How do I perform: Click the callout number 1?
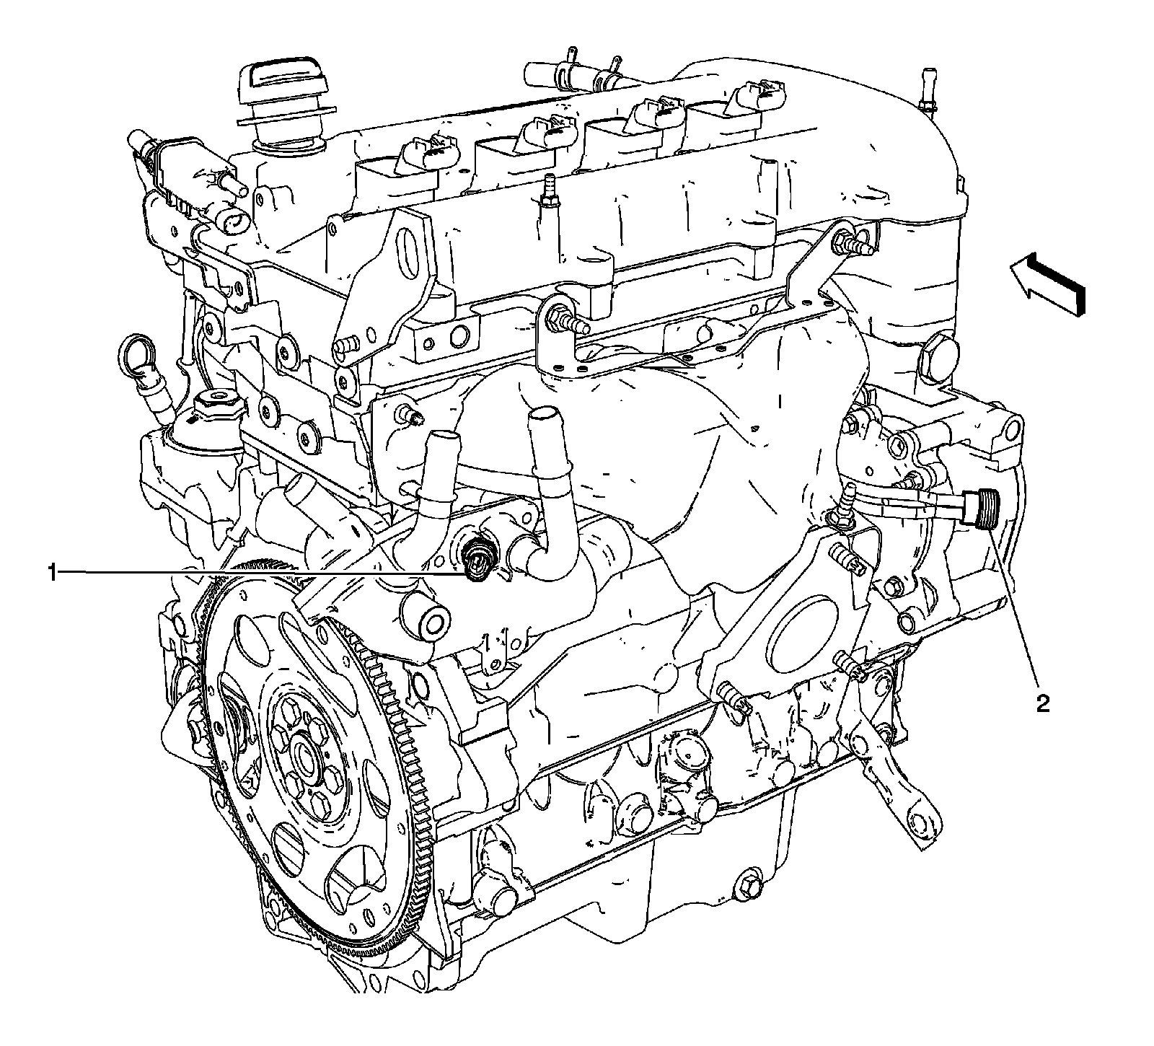(51, 573)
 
